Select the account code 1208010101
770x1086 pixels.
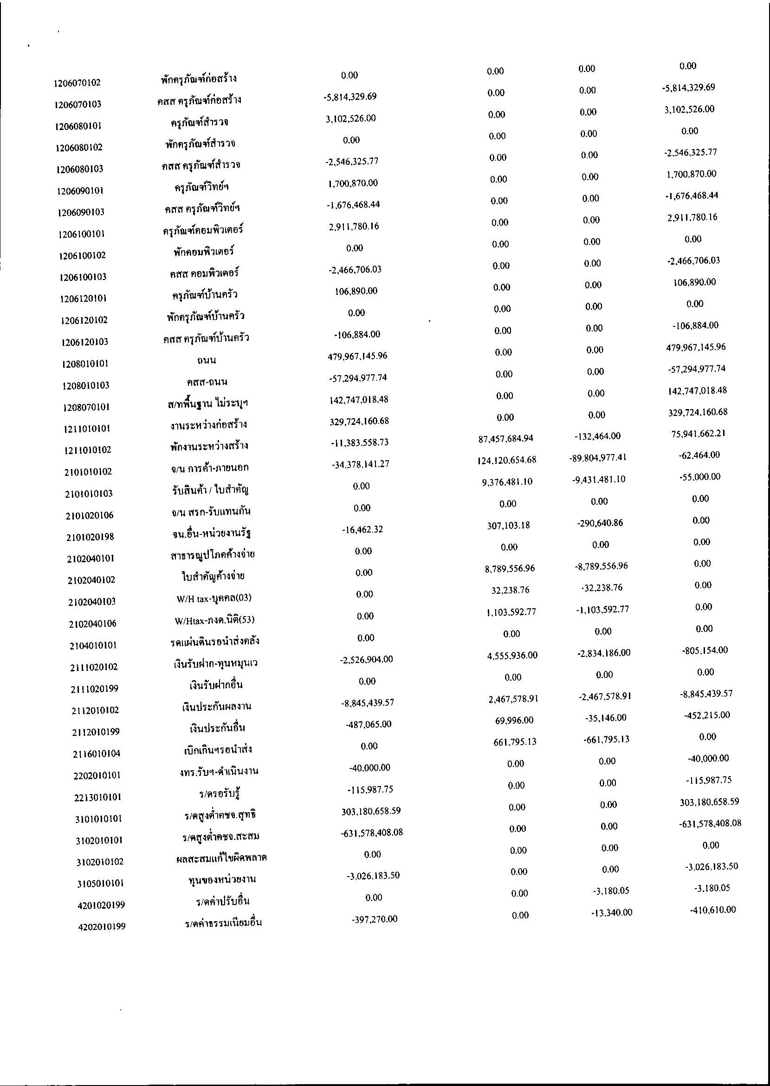click(85, 364)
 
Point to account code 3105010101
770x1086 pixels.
click(100, 884)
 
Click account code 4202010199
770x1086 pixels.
click(102, 927)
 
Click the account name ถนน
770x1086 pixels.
click(207, 360)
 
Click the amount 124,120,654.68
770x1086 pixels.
click(507, 460)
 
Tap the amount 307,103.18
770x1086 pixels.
click(508, 525)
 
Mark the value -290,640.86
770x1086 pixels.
click(600, 523)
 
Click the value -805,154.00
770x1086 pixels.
click(703, 650)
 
